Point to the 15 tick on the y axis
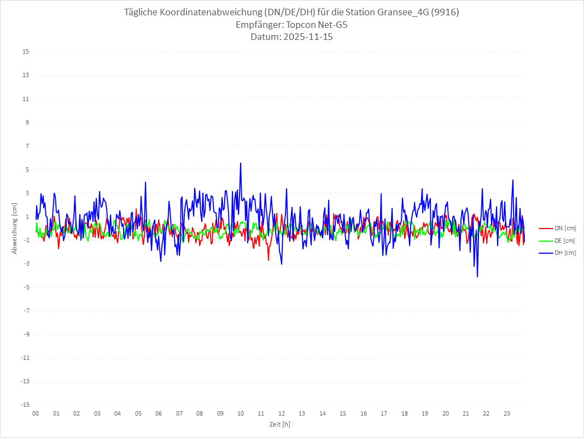click(x=26, y=52)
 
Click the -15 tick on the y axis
click(x=25, y=405)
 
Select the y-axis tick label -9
click(x=26, y=334)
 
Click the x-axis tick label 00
click(x=36, y=413)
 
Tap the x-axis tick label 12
click(x=282, y=413)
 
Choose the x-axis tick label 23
click(x=507, y=413)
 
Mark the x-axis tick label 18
click(x=405, y=413)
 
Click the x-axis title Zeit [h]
click(x=279, y=424)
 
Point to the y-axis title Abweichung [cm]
click(x=15, y=228)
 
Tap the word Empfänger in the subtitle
click(x=259, y=25)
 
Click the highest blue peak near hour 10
click(x=241, y=163)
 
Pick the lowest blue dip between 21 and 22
click(x=477, y=277)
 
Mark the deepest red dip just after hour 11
click(x=268, y=260)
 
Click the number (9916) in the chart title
click(x=445, y=12)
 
